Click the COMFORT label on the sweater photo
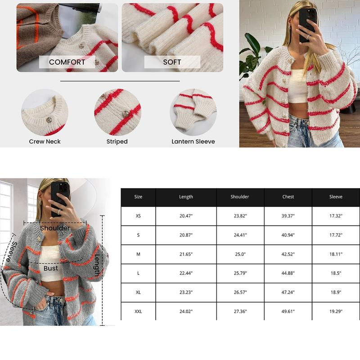(67, 62)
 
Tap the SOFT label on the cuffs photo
(172, 62)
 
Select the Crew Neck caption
(45, 141)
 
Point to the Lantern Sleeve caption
(193, 141)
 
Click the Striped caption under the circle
(117, 141)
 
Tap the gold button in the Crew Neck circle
(49, 120)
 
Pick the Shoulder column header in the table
(240, 197)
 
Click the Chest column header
(288, 197)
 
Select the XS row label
(138, 216)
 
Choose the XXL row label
(138, 311)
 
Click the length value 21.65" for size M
(186, 254)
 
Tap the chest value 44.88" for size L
(288, 273)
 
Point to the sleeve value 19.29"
(336, 311)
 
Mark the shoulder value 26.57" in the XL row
(240, 292)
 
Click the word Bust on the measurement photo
(51, 268)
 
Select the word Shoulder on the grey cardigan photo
(55, 228)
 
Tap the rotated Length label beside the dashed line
(97, 265)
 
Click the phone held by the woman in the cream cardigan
(307, 25)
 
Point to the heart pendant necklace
(301, 53)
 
